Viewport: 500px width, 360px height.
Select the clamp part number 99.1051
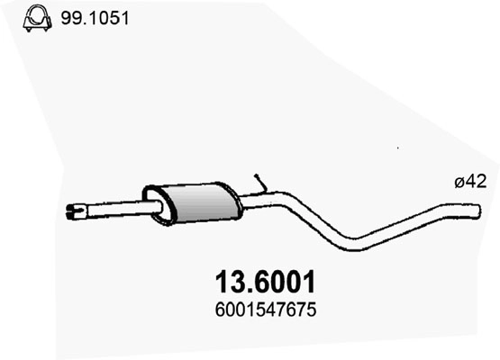pos(95,16)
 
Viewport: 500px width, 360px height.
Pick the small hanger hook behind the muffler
pos(260,184)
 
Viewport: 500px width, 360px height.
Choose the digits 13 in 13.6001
pos(227,283)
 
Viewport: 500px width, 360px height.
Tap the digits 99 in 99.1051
pos(69,16)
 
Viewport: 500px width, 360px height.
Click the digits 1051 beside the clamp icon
pos(107,16)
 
